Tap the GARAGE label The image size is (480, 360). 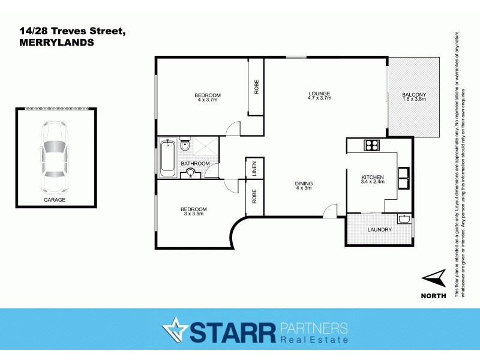pyautogui.click(x=54, y=199)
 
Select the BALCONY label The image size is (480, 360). pyautogui.click(x=414, y=95)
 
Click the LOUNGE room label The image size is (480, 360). pyautogui.click(x=320, y=93)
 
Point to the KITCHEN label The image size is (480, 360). pyautogui.click(x=373, y=177)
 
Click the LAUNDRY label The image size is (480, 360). pyautogui.click(x=379, y=230)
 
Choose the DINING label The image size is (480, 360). pyautogui.click(x=304, y=184)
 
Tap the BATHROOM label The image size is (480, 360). pyautogui.click(x=196, y=163)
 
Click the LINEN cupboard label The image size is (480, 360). pyautogui.click(x=254, y=167)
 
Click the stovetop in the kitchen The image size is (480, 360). pyautogui.click(x=371, y=145)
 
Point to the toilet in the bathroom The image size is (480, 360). pyautogui.click(x=185, y=146)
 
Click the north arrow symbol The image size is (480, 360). pyautogui.click(x=434, y=278)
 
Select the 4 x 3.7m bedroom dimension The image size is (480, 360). pyautogui.click(x=207, y=100)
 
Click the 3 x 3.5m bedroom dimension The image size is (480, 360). pyautogui.click(x=194, y=214)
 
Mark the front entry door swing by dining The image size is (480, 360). pyautogui.click(x=329, y=211)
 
